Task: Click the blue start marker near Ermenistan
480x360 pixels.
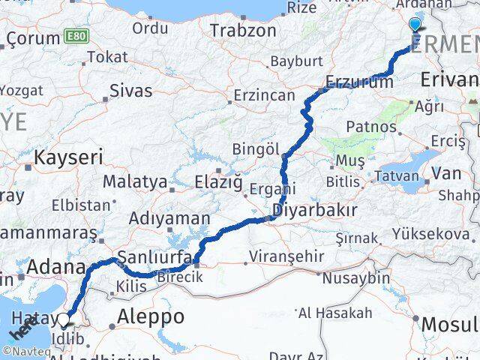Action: (x=415, y=24)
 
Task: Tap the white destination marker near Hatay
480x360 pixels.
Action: (x=64, y=321)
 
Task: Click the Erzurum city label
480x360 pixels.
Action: (x=358, y=82)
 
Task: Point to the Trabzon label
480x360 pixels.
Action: (x=233, y=31)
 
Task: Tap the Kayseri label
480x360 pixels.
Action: (x=69, y=157)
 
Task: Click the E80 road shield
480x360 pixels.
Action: (x=74, y=36)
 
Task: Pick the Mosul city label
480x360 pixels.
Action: (x=450, y=324)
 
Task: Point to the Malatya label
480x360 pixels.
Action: (x=134, y=181)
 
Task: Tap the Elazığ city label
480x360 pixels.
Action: (x=219, y=181)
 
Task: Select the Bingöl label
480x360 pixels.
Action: (x=256, y=148)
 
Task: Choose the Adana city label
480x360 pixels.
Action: (x=55, y=266)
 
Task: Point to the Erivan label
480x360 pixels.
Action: (x=449, y=79)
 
